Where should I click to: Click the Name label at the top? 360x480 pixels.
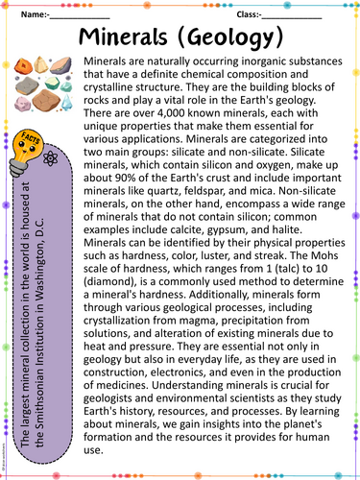point(35,15)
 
